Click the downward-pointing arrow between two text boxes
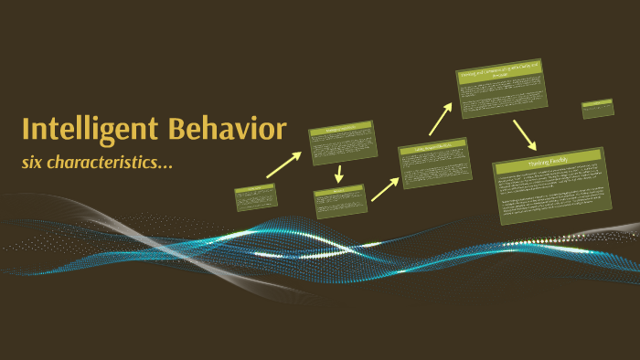(x=339, y=174)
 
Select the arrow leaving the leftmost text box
(x=283, y=164)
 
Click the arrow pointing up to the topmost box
(x=441, y=119)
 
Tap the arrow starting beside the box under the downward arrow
(x=385, y=188)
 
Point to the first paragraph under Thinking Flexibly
(x=551, y=180)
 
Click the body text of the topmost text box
(x=503, y=97)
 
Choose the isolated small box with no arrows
(x=597, y=109)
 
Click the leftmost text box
(x=255, y=197)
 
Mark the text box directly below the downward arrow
(x=339, y=201)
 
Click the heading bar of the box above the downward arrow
(x=341, y=130)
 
